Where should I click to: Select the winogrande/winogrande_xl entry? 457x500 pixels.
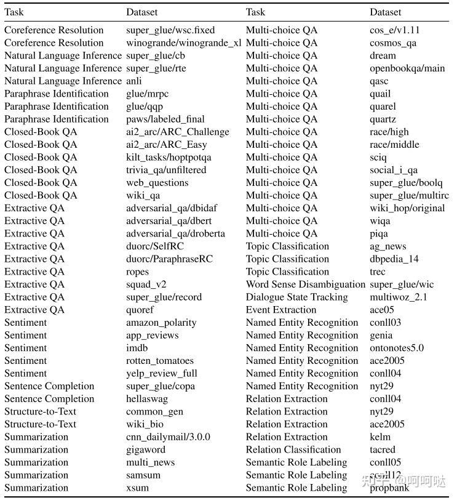pyautogui.click(x=183, y=43)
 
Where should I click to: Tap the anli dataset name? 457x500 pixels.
pyautogui.click(x=134, y=81)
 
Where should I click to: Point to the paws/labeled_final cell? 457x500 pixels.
pyautogui.click(x=165, y=119)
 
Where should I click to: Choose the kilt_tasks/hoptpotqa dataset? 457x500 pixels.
pyautogui.click(x=169, y=158)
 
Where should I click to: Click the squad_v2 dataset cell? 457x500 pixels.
pyautogui.click(x=146, y=284)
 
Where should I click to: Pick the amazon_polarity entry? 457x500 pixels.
pyautogui.click(x=161, y=323)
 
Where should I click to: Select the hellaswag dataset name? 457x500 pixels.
pyautogui.click(x=146, y=399)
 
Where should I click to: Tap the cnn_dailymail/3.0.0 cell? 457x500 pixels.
pyautogui.click(x=168, y=437)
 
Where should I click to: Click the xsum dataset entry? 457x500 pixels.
pyautogui.click(x=137, y=488)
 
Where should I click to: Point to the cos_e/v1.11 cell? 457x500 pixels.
pyautogui.click(x=394, y=30)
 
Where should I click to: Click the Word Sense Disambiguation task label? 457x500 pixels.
pyautogui.click(x=306, y=284)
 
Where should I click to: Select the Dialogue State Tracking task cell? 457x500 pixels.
pyautogui.click(x=296, y=297)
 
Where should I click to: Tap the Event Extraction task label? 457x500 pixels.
pyautogui.click(x=280, y=310)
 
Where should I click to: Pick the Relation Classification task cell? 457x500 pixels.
pyautogui.click(x=293, y=450)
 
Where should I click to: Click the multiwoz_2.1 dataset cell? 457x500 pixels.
pyautogui.click(x=398, y=297)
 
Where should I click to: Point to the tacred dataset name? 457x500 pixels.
pyautogui.click(x=383, y=450)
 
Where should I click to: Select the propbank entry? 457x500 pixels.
pyautogui.click(x=389, y=488)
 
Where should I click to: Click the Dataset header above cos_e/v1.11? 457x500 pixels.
pyautogui.click(x=386, y=12)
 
